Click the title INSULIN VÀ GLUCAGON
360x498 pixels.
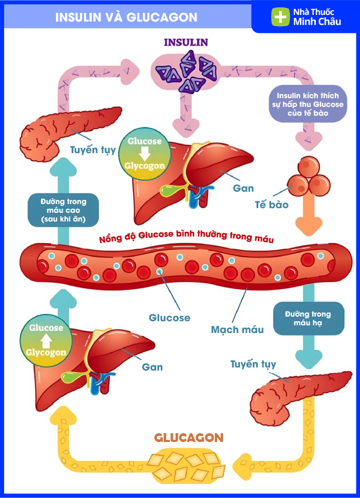126,17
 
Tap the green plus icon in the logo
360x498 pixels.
280,17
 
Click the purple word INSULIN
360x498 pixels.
186,42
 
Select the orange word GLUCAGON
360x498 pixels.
189,438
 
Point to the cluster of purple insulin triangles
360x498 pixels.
188,70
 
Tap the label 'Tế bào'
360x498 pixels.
271,205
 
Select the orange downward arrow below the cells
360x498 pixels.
308,218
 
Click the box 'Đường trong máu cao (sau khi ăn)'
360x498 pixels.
56,210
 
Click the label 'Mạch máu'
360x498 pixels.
237,329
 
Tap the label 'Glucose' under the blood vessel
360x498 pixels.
169,318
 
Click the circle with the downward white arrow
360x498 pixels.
145,153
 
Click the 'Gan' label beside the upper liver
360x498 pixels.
243,188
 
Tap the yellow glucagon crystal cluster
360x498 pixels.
187,463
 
